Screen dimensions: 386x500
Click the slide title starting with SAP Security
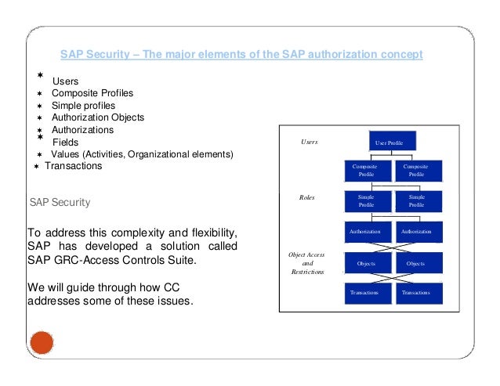tap(241, 54)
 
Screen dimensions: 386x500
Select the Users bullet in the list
tap(67, 81)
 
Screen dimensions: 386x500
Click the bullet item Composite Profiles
tap(92, 93)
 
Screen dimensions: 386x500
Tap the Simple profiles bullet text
tap(83, 106)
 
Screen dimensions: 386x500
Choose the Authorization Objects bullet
tap(97, 117)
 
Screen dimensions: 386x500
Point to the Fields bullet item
tap(65, 142)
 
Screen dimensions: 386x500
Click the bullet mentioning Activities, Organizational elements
tap(142, 154)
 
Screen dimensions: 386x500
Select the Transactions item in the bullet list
tap(73, 166)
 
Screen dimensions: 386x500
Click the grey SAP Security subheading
tap(60, 202)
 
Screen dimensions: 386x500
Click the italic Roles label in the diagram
tap(307, 198)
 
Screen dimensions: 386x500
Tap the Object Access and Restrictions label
tap(307, 263)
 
